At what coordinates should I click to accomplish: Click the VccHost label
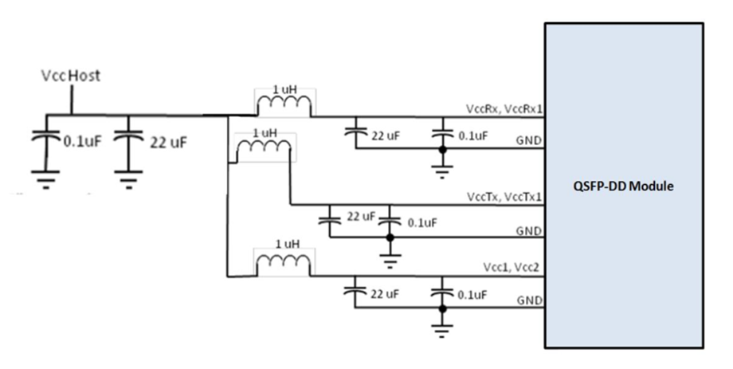click(71, 75)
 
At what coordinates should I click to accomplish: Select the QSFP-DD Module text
click(624, 186)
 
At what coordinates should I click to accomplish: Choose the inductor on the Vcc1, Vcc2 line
click(283, 265)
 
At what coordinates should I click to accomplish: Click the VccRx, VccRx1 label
click(504, 108)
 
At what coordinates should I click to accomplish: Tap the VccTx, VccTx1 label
click(504, 197)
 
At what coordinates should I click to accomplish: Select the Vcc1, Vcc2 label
click(511, 268)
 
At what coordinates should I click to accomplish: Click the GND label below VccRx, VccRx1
click(529, 140)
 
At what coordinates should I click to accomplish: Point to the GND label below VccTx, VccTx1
click(529, 231)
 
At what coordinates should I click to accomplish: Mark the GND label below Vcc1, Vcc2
click(529, 300)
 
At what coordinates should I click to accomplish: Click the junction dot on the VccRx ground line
click(441, 149)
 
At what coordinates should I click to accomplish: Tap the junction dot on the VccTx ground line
click(390, 237)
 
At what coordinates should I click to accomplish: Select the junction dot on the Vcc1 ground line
click(442, 308)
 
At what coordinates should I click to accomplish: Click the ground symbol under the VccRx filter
click(441, 171)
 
